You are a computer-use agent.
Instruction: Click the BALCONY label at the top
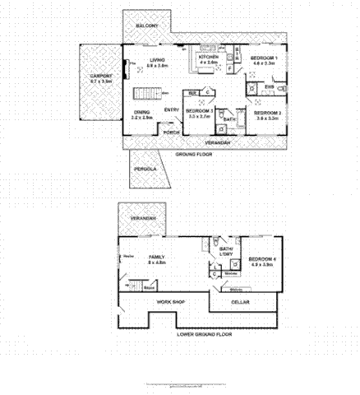148,26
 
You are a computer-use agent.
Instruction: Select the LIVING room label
156,60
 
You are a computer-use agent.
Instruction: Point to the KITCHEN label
207,58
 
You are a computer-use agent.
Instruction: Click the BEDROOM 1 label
265,58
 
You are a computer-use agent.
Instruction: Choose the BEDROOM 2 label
268,113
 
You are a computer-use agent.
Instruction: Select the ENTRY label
172,109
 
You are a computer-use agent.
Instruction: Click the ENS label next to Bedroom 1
270,86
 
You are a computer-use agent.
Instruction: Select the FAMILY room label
156,258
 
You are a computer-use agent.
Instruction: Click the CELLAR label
241,302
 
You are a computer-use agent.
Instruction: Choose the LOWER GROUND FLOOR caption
205,335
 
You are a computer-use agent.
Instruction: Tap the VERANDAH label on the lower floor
142,218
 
